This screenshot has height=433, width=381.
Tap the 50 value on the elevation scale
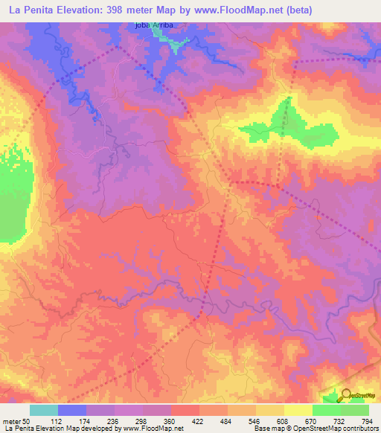coord(27,421)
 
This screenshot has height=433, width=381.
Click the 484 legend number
coord(228,421)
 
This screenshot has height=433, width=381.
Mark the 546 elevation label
coord(256,421)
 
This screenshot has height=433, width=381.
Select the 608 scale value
coord(284,421)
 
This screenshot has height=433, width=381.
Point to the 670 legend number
coord(313,421)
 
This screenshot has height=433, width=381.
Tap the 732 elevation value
coord(341,421)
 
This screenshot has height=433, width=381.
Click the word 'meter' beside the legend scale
coord(11,421)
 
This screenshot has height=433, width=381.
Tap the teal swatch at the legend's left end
coord(44,410)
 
